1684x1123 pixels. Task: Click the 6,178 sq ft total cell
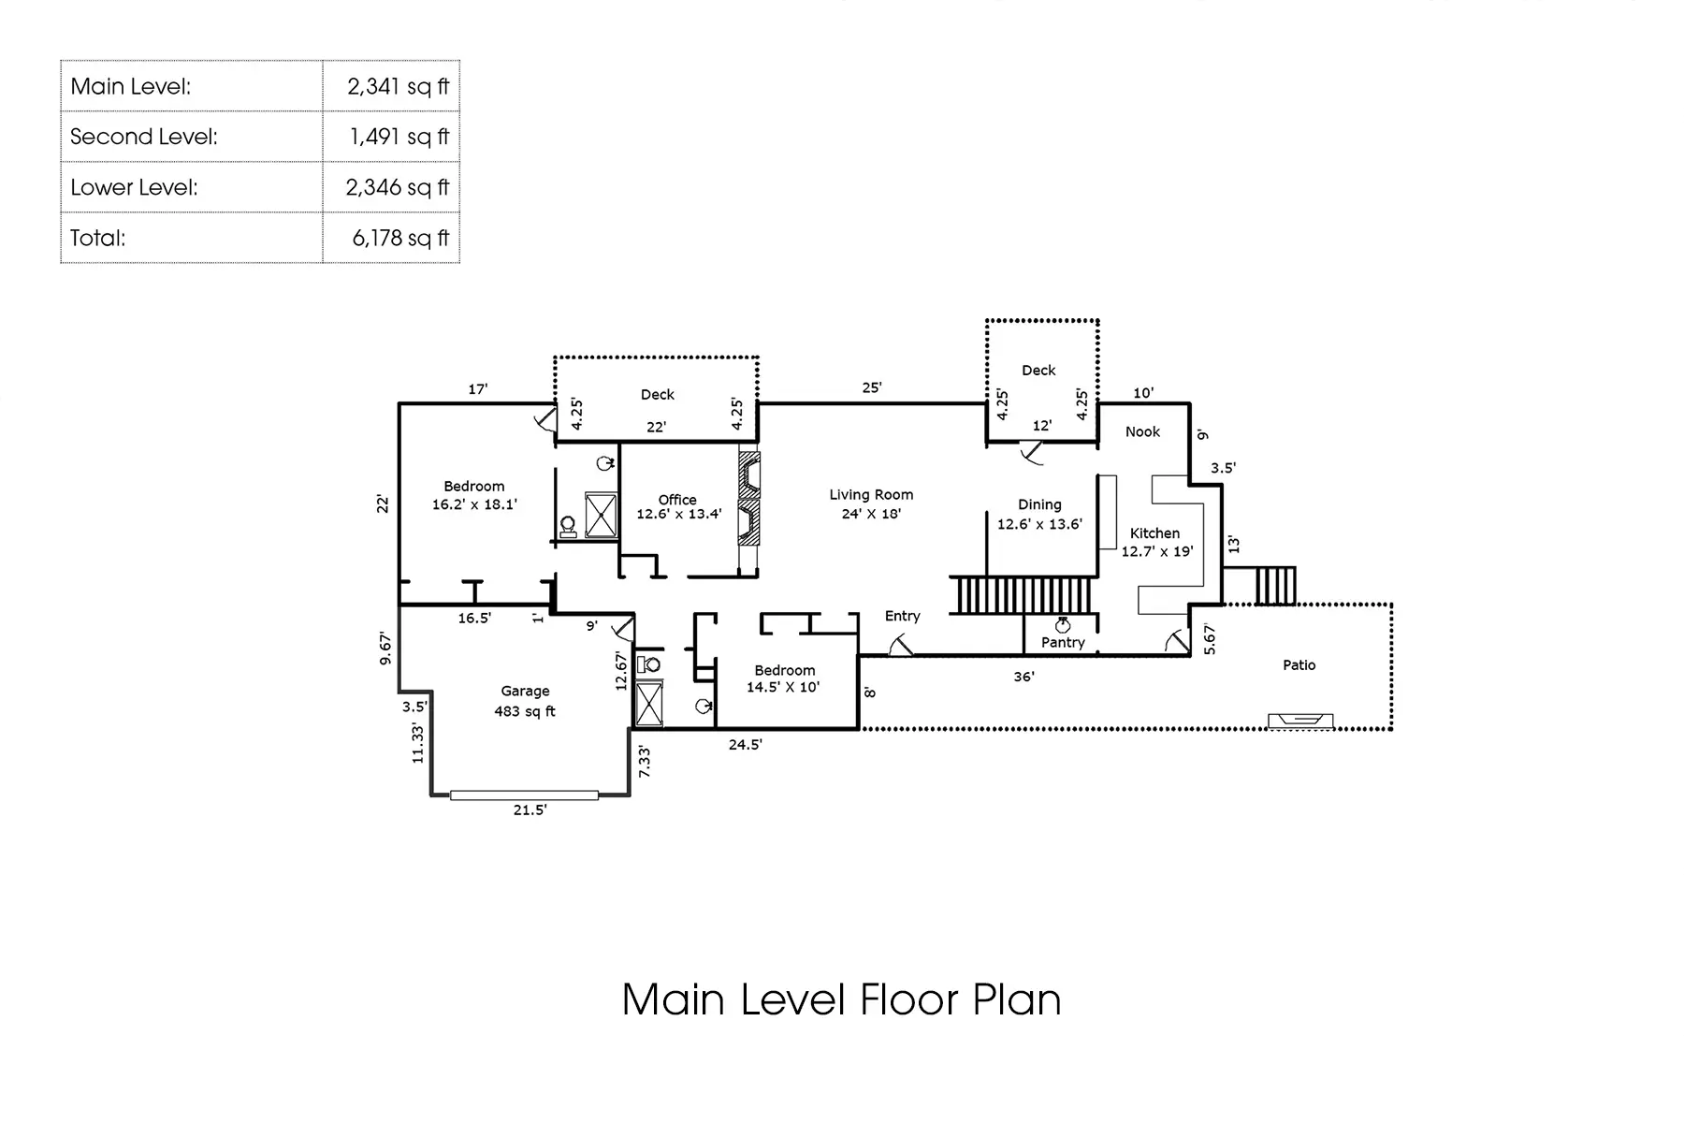tap(399, 238)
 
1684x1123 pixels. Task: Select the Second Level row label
tap(143, 137)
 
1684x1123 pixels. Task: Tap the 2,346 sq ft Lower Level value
tap(398, 187)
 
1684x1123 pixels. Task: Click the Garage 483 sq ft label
tap(525, 701)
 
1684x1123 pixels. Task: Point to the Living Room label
tap(871, 495)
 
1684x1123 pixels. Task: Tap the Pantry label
tap(1063, 643)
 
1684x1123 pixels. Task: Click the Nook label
tap(1142, 431)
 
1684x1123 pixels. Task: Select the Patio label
tap(1299, 665)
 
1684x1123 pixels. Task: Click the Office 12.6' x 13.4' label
tap(678, 507)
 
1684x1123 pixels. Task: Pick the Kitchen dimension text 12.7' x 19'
tap(1157, 551)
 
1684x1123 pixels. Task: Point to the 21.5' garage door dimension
tap(530, 810)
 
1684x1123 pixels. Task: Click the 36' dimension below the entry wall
tap(1023, 677)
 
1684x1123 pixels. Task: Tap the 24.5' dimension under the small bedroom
tap(746, 745)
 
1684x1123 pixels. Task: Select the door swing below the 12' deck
tap(1032, 454)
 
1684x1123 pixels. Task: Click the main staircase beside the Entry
tap(1023, 595)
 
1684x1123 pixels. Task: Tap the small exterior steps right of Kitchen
tap(1274, 586)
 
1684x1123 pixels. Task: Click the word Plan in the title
tap(1017, 999)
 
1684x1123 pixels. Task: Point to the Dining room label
tap(1039, 504)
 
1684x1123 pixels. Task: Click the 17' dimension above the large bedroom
tap(478, 389)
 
